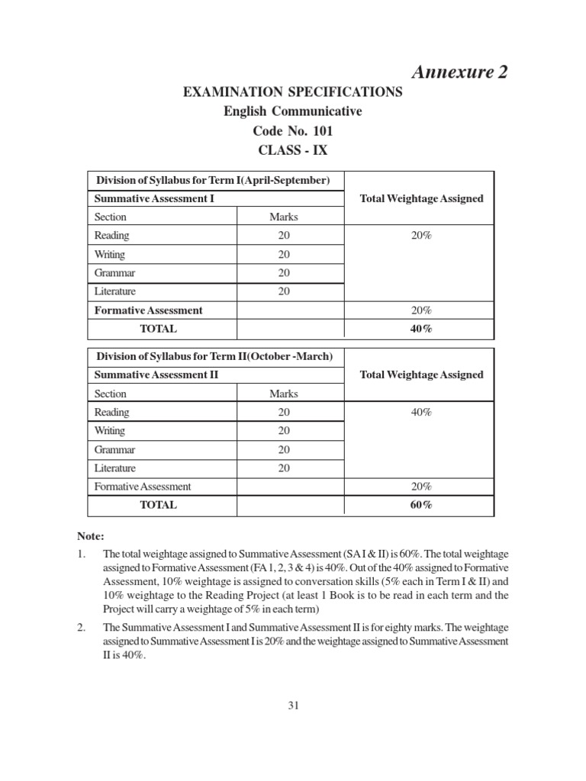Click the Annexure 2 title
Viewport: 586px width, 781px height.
coord(459,72)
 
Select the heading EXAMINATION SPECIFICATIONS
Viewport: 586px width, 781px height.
coord(292,92)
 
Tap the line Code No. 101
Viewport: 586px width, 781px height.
coord(292,130)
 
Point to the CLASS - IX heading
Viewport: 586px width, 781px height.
coord(292,149)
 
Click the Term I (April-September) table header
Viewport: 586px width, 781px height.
coord(212,181)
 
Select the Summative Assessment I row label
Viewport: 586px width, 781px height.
coord(153,198)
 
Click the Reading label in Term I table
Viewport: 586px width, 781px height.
coord(111,236)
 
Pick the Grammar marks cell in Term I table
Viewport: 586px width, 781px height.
coord(284,273)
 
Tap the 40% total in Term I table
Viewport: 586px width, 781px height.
coord(421,329)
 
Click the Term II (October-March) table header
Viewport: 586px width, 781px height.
coord(214,357)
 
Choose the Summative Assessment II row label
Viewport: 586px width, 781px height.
coord(156,375)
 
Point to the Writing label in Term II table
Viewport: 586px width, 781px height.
coord(110,431)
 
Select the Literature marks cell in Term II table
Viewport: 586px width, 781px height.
coord(284,468)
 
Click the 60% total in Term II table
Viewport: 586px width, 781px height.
coord(421,505)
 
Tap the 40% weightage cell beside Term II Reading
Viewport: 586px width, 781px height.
coord(421,413)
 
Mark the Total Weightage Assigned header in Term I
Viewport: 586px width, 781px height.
coord(421,198)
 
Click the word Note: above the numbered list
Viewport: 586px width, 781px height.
coord(89,537)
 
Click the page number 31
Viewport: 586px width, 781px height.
coord(293,705)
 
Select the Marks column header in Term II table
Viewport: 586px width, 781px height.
coord(284,394)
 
